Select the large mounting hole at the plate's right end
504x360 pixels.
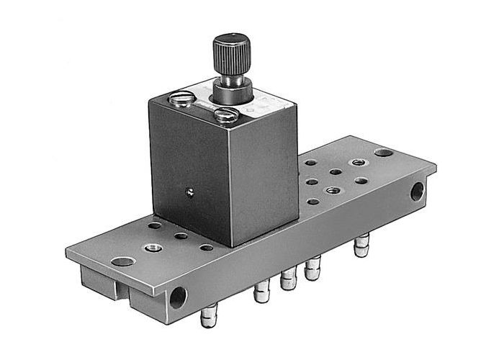click(384, 153)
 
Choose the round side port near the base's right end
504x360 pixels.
click(417, 191)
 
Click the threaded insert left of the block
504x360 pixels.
click(153, 247)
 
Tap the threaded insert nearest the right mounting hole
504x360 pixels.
click(356, 163)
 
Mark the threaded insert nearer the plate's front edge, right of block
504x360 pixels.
click(331, 191)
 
